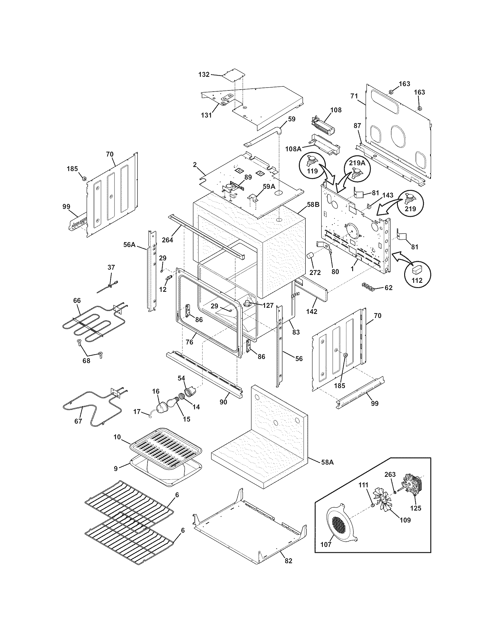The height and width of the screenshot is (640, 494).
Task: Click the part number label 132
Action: click(204, 74)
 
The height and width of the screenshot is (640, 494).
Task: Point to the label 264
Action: click(168, 240)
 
